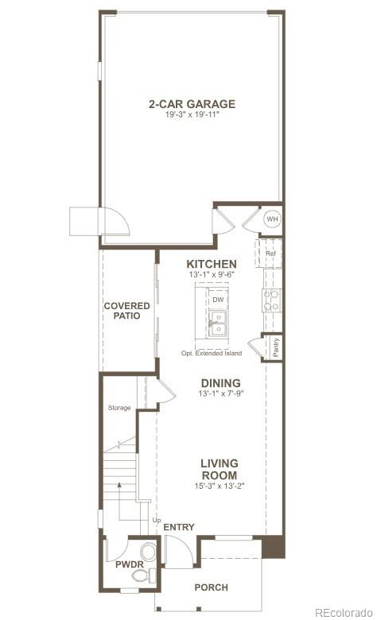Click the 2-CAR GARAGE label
click(x=192, y=103)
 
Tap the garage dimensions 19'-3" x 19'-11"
click(x=192, y=114)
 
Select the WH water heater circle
click(x=272, y=219)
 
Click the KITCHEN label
click(x=211, y=264)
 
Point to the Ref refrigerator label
click(x=270, y=254)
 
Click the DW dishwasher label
click(x=218, y=300)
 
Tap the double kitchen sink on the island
click(x=218, y=323)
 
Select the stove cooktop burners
click(x=272, y=298)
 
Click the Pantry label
click(x=275, y=347)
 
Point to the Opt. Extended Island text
click(x=211, y=353)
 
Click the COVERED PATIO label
click(x=122, y=310)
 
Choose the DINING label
click(x=220, y=382)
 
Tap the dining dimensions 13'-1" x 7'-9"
click(x=220, y=393)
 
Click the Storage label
click(x=119, y=409)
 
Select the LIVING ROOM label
click(x=220, y=469)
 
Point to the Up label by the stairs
click(x=156, y=520)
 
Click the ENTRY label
click(x=178, y=527)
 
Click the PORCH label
click(x=212, y=587)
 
